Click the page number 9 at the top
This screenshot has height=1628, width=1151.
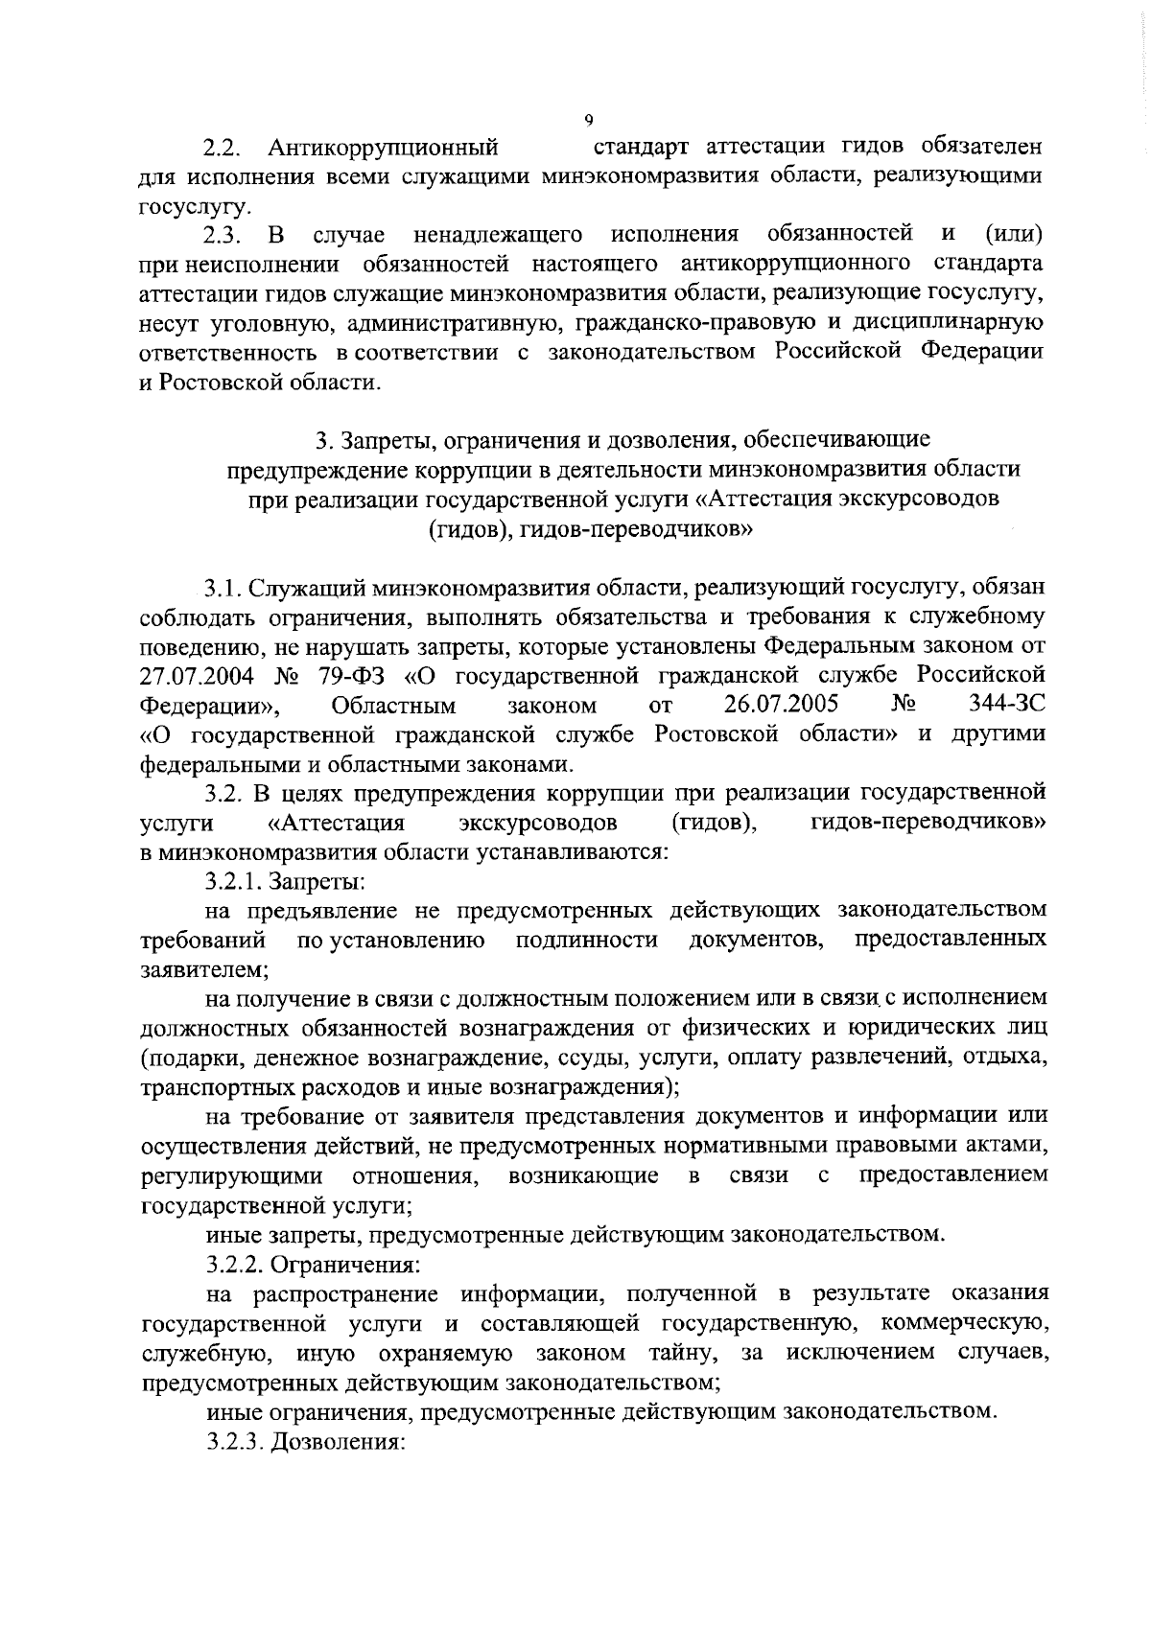click(x=588, y=120)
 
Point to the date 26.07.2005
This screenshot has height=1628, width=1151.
click(x=782, y=706)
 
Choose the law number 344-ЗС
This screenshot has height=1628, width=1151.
click(x=1007, y=706)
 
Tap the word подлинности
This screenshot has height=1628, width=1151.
click(x=587, y=939)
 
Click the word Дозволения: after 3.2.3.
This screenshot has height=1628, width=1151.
click(x=341, y=1442)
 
